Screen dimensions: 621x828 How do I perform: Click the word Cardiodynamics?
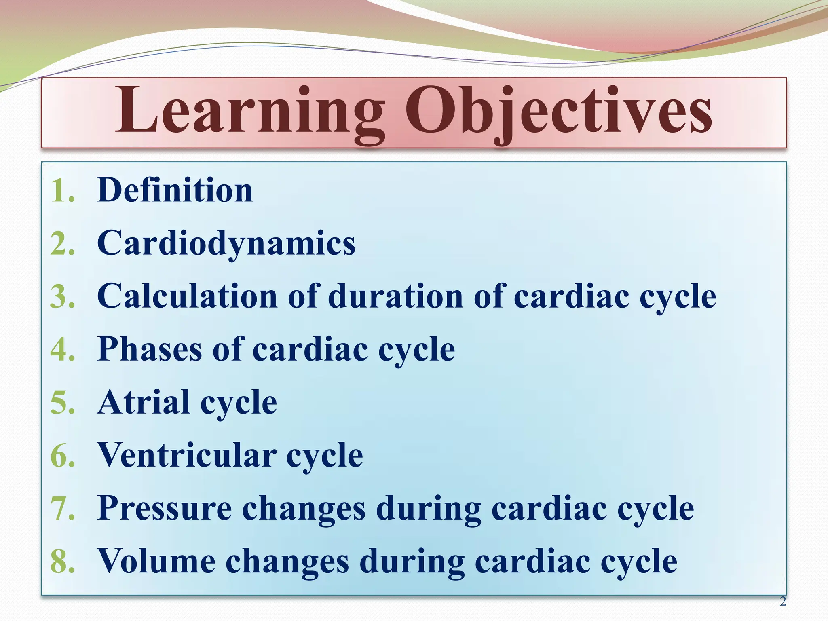click(226, 243)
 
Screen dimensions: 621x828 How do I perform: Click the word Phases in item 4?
click(150, 349)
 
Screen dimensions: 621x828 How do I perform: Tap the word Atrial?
click(144, 402)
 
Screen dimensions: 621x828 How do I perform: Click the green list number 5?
click(63, 403)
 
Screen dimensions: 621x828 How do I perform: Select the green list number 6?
click(63, 456)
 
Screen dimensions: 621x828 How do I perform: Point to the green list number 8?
click(63, 562)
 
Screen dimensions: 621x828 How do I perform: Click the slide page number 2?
click(783, 602)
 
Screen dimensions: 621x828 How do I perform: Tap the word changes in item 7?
click(304, 509)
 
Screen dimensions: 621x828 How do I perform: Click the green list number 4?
click(63, 350)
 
